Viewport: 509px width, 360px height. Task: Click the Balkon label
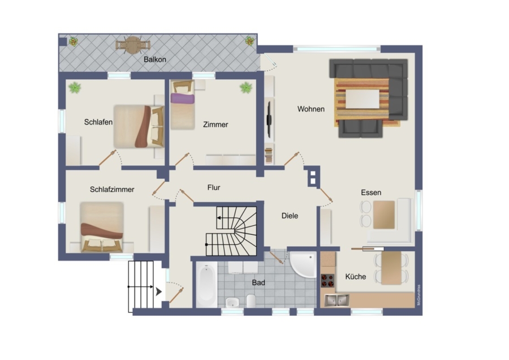tap(155, 59)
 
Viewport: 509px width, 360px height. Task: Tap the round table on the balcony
tap(133, 45)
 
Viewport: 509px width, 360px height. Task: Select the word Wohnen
tap(310, 109)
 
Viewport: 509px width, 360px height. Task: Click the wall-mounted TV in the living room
tap(269, 119)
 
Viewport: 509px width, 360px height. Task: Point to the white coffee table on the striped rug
tap(363, 99)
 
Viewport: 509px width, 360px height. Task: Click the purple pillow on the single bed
tap(183, 98)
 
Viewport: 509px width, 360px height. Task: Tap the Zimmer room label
tap(215, 125)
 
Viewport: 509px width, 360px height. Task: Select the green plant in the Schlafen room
tap(75, 87)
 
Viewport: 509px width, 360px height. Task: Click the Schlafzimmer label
tap(112, 190)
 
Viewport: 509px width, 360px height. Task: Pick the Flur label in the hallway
tap(214, 187)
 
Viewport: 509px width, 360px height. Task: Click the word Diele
tap(290, 216)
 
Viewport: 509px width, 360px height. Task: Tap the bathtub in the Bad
tap(206, 285)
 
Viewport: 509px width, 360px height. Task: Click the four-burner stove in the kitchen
tap(327, 281)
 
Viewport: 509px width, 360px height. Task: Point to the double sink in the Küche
tap(337, 300)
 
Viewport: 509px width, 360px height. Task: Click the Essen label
tap(371, 192)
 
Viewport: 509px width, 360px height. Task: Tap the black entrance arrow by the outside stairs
tap(159, 292)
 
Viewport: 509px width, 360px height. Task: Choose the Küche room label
tap(356, 277)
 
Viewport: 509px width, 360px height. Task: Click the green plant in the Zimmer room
tap(246, 87)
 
